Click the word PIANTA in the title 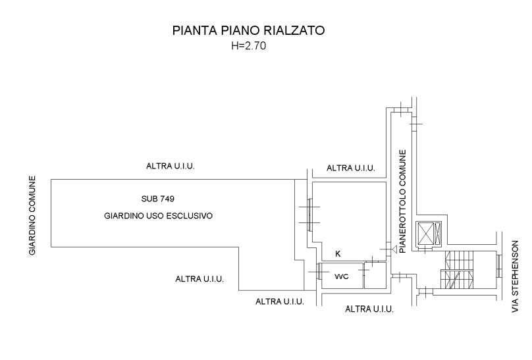click(194, 30)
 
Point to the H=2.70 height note click(248, 46)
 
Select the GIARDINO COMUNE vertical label click(32, 215)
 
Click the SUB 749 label click(158, 199)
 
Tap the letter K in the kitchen click(338, 254)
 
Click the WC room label click(341, 276)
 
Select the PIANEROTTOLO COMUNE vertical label click(403, 201)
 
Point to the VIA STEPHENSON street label click(516, 276)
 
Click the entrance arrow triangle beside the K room click(394, 249)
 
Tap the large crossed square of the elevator click(425, 234)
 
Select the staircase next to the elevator click(459, 270)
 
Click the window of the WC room click(319, 272)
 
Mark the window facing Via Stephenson click(499, 265)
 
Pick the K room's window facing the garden click(309, 215)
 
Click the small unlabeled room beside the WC click(375, 275)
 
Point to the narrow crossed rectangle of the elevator click(438, 234)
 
